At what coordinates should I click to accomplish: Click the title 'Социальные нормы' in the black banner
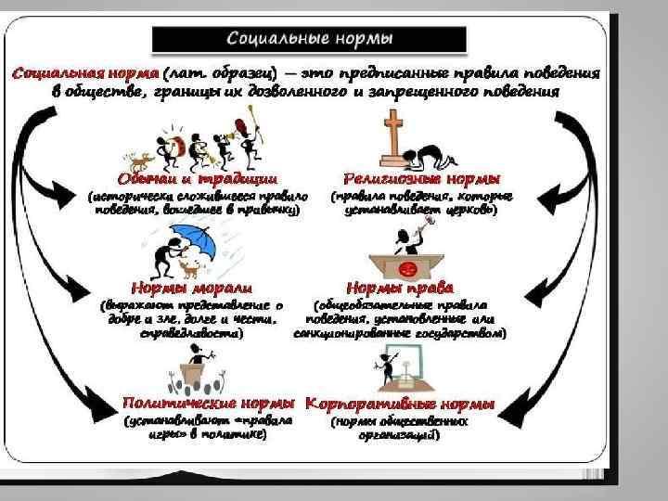(310, 39)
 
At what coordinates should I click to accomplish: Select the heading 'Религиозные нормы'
(422, 177)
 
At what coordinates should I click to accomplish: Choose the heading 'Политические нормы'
(210, 405)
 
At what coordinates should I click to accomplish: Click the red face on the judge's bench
(405, 269)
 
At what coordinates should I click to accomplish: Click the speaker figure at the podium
(196, 357)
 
